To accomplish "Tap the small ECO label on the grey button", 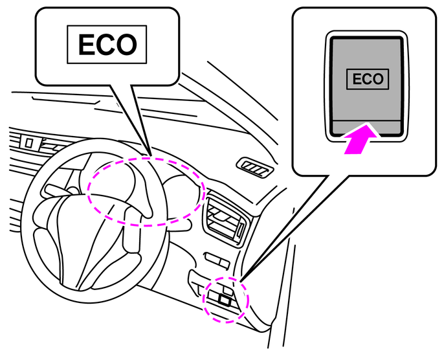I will pyautogui.click(x=367, y=80).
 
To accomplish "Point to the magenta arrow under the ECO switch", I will pyautogui.click(x=360, y=140).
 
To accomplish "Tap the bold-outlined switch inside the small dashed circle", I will pyautogui.click(x=224, y=300).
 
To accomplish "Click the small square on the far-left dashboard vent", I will pyautogui.click(x=29, y=141).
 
